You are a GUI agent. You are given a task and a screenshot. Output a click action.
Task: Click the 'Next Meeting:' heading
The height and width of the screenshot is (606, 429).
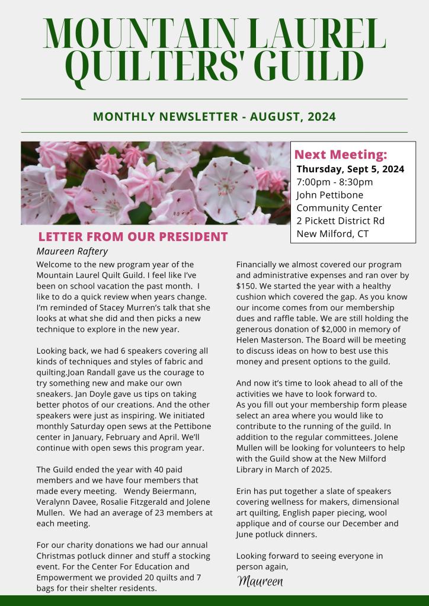(x=341, y=155)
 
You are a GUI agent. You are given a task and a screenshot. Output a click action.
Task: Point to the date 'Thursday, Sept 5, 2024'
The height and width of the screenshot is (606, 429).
(x=350, y=169)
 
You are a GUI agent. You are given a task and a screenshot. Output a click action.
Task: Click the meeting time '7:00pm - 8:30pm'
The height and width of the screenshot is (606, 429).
(x=334, y=182)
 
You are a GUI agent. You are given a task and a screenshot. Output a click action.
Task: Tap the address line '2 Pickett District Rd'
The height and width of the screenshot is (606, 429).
(x=340, y=221)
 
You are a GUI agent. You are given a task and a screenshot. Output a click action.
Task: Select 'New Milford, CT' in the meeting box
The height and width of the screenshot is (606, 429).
(x=332, y=234)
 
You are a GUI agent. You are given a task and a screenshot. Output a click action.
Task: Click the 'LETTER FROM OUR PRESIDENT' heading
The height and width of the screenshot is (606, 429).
(x=132, y=237)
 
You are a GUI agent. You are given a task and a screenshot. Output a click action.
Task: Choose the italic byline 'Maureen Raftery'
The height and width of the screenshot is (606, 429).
(x=72, y=251)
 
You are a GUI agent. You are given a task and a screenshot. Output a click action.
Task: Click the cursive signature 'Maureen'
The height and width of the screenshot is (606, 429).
(x=260, y=581)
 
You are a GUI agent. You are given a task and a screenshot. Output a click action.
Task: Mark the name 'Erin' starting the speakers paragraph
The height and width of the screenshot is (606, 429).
(x=245, y=492)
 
